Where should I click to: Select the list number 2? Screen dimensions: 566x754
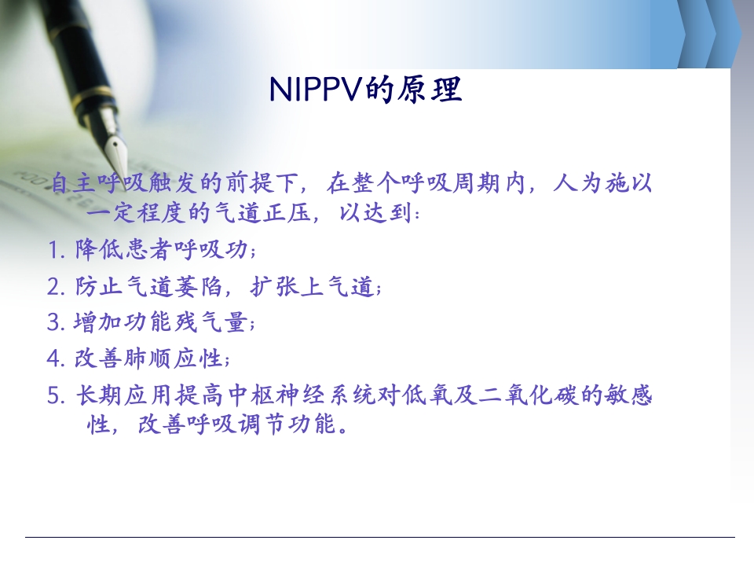(x=54, y=288)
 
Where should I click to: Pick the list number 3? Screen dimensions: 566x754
(x=54, y=323)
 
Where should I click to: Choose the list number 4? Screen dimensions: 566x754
(x=54, y=359)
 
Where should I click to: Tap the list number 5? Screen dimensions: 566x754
(x=54, y=395)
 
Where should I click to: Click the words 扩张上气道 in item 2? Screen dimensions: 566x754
(x=311, y=288)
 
